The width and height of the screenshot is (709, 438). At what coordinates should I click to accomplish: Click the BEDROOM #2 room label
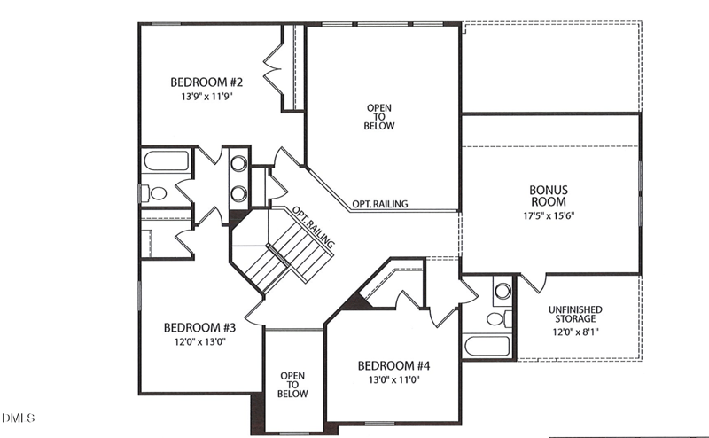pyautogui.click(x=206, y=83)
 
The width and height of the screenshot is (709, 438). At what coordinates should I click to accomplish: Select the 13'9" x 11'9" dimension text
pyautogui.click(x=206, y=98)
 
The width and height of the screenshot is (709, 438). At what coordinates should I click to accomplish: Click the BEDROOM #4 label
pyautogui.click(x=393, y=365)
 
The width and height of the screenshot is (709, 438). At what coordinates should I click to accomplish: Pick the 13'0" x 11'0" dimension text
pyautogui.click(x=393, y=379)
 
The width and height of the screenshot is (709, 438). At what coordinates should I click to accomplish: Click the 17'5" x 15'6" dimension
pyautogui.click(x=549, y=215)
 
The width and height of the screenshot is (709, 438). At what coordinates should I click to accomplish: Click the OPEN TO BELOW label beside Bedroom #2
pyautogui.click(x=379, y=116)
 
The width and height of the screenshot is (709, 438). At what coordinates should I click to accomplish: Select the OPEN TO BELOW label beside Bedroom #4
pyautogui.click(x=293, y=385)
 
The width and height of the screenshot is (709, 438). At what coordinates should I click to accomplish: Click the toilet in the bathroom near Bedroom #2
pyautogui.click(x=156, y=192)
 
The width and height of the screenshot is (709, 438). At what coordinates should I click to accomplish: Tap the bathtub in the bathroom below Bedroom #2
pyautogui.click(x=166, y=162)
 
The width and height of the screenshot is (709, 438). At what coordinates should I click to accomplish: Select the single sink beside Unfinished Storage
pyautogui.click(x=503, y=290)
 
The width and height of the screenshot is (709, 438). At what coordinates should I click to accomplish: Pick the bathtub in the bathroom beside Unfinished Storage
pyautogui.click(x=488, y=347)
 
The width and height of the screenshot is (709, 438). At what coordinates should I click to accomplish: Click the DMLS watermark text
pyautogui.click(x=18, y=416)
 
